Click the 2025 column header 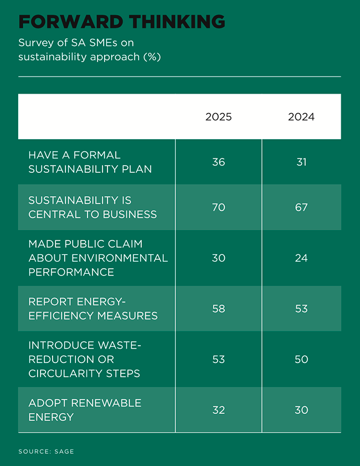(x=219, y=117)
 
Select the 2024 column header (x=301, y=117)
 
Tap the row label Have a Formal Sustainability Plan (x=90, y=162)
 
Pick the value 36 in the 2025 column (x=219, y=162)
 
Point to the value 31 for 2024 (x=301, y=162)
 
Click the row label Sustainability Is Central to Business (x=92, y=207)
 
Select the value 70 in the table (x=219, y=207)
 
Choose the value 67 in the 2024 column (x=301, y=207)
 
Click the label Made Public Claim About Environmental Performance (x=98, y=258)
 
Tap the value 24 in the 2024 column (x=301, y=258)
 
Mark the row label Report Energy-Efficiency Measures (x=93, y=309)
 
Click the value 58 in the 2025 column (x=219, y=309)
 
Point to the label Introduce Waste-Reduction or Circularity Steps (x=85, y=359)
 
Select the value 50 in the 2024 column (x=301, y=359)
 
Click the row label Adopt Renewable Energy (x=85, y=409)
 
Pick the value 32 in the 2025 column (x=219, y=409)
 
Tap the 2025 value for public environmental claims (x=219, y=258)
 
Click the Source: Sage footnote (x=46, y=452)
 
